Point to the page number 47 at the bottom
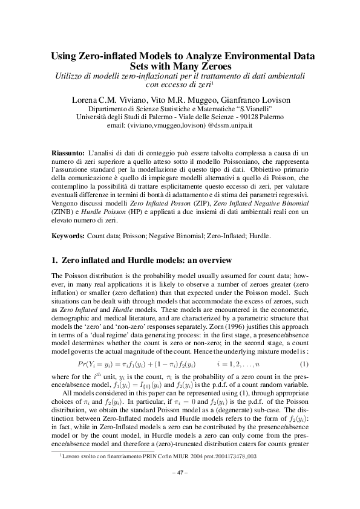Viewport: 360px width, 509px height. point(180,488)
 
